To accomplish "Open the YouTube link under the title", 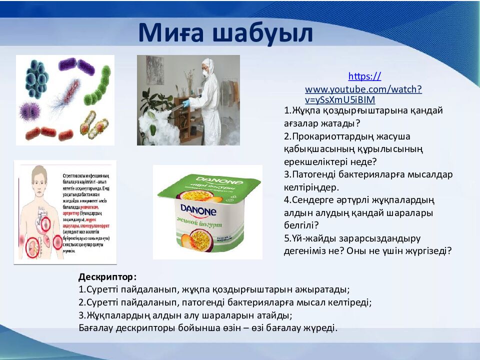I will (363, 88).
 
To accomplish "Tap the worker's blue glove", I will (186, 103).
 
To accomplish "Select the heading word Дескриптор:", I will (107, 276).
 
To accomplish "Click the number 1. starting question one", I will (287, 110).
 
